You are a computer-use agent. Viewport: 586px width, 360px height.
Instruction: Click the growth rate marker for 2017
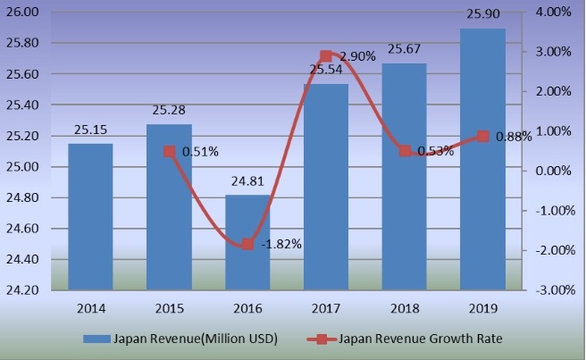pos(326,56)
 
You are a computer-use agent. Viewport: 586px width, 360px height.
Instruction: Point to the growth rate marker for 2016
pos(247,244)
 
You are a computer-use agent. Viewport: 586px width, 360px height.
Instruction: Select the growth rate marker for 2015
pos(169,151)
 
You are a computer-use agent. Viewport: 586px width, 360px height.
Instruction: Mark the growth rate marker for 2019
pos(483,137)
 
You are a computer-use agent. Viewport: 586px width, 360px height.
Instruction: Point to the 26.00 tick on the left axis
pos(23,13)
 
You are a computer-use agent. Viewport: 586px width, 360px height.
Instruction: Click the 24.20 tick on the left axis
pos(23,290)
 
